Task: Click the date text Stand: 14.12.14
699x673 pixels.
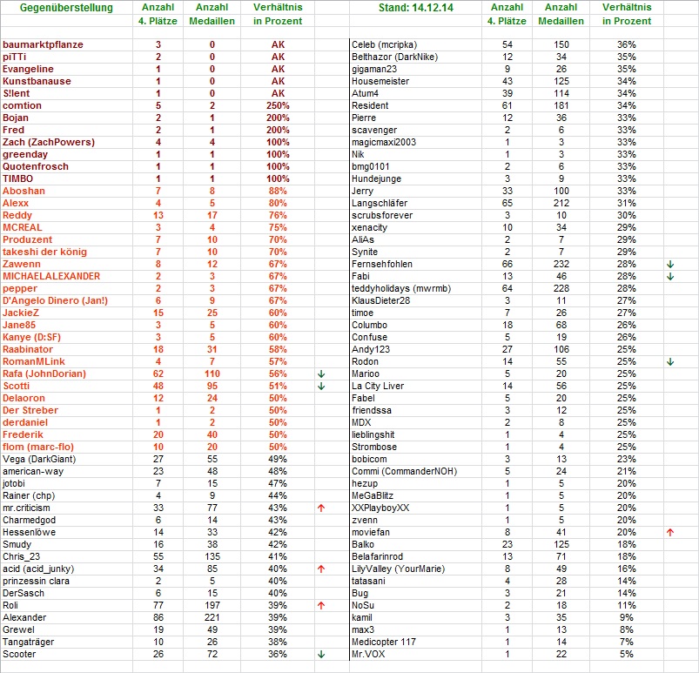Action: pyautogui.click(x=417, y=9)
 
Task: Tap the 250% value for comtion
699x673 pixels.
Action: pyautogui.click(x=278, y=105)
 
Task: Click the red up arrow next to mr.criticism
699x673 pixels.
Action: pyautogui.click(x=321, y=508)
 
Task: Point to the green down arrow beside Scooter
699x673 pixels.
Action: pyautogui.click(x=321, y=654)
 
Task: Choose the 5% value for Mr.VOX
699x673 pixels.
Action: pyautogui.click(x=626, y=654)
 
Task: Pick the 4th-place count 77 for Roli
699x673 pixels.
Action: pyautogui.click(x=158, y=605)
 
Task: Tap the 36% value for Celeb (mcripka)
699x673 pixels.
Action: pyautogui.click(x=626, y=44)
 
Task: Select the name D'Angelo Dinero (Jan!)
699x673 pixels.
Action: pyautogui.click(x=55, y=300)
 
